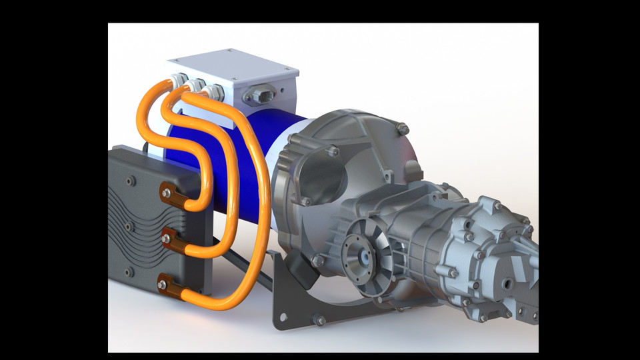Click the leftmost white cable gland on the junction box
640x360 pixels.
[177, 79]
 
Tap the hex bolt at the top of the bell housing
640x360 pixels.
[402, 127]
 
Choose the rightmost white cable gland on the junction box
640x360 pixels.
[214, 91]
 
